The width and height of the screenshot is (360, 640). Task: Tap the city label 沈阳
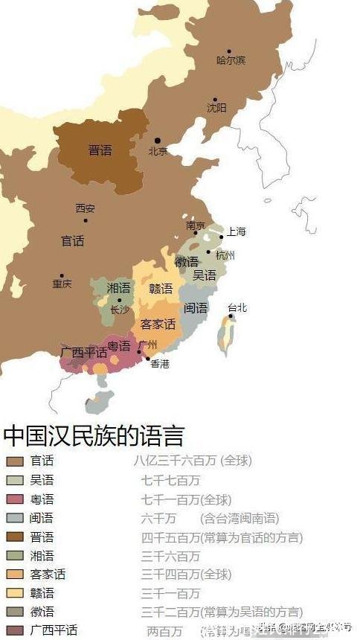[216, 109]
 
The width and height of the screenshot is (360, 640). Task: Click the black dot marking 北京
[157, 141]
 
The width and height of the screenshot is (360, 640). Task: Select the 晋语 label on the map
[100, 150]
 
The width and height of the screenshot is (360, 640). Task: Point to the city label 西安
[86, 208]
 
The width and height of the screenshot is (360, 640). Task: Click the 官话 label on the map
[72, 241]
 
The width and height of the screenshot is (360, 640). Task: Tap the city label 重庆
[62, 284]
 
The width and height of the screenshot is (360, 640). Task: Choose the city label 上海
[236, 231]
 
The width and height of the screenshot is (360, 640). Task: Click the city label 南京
[196, 225]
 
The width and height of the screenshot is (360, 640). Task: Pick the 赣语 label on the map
[161, 289]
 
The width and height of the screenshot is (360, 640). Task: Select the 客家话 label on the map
[158, 324]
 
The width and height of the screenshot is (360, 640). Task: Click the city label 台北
[237, 307]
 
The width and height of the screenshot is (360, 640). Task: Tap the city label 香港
[160, 364]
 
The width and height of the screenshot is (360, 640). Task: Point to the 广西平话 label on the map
[84, 352]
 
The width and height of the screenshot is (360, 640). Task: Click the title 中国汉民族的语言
[93, 435]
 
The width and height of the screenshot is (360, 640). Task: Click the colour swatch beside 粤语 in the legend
[15, 499]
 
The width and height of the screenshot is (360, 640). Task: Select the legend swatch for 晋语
[15, 537]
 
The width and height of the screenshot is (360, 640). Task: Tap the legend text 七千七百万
[170, 480]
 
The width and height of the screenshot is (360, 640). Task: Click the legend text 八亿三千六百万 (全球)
[193, 461]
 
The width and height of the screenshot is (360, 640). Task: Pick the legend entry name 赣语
[42, 593]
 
